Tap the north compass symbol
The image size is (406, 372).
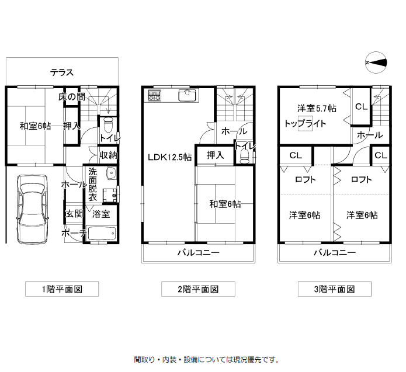coord(376,62)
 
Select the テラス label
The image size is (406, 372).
coord(62,72)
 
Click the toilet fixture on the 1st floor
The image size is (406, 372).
coord(108,125)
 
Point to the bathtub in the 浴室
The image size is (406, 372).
coord(102,234)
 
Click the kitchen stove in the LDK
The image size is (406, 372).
coord(154,96)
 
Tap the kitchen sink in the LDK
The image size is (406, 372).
coord(187,95)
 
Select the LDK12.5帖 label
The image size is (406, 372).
coord(170,157)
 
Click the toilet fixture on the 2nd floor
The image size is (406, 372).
coord(244,156)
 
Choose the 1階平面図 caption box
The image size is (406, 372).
coord(62,289)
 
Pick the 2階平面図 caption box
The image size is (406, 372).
coord(199,289)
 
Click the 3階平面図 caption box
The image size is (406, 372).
coord(335,289)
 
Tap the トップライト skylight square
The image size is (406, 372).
coord(306,124)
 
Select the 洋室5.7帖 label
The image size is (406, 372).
coord(317,108)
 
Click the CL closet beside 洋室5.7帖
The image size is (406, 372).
coord(361,106)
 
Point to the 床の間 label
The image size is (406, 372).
coord(71,97)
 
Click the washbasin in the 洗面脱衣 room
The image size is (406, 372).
coord(112,173)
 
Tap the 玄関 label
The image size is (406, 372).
coord(74,214)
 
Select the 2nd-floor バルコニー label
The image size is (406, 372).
coord(199,252)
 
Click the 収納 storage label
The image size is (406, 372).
coord(109,155)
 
